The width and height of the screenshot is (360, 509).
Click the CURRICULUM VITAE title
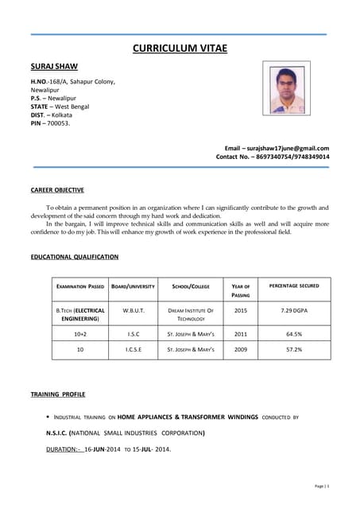tap(180, 49)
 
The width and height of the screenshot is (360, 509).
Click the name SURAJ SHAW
tap(54, 66)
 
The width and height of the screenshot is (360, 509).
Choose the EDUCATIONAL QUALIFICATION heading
tap(75, 257)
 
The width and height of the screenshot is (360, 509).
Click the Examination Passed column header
tap(79, 286)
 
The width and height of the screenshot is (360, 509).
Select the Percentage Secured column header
tap(294, 285)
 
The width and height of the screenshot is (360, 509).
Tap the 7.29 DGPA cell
tap(294, 309)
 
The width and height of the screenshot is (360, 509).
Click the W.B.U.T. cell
tap(134, 309)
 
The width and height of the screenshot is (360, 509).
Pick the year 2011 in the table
tap(241, 335)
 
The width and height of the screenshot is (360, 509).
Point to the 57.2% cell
tap(294, 349)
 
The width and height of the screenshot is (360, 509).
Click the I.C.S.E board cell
tap(134, 349)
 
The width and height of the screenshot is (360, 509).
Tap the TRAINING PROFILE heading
tap(58, 394)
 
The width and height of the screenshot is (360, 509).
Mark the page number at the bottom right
tap(321, 485)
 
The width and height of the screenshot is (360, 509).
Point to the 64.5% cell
tap(294, 335)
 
